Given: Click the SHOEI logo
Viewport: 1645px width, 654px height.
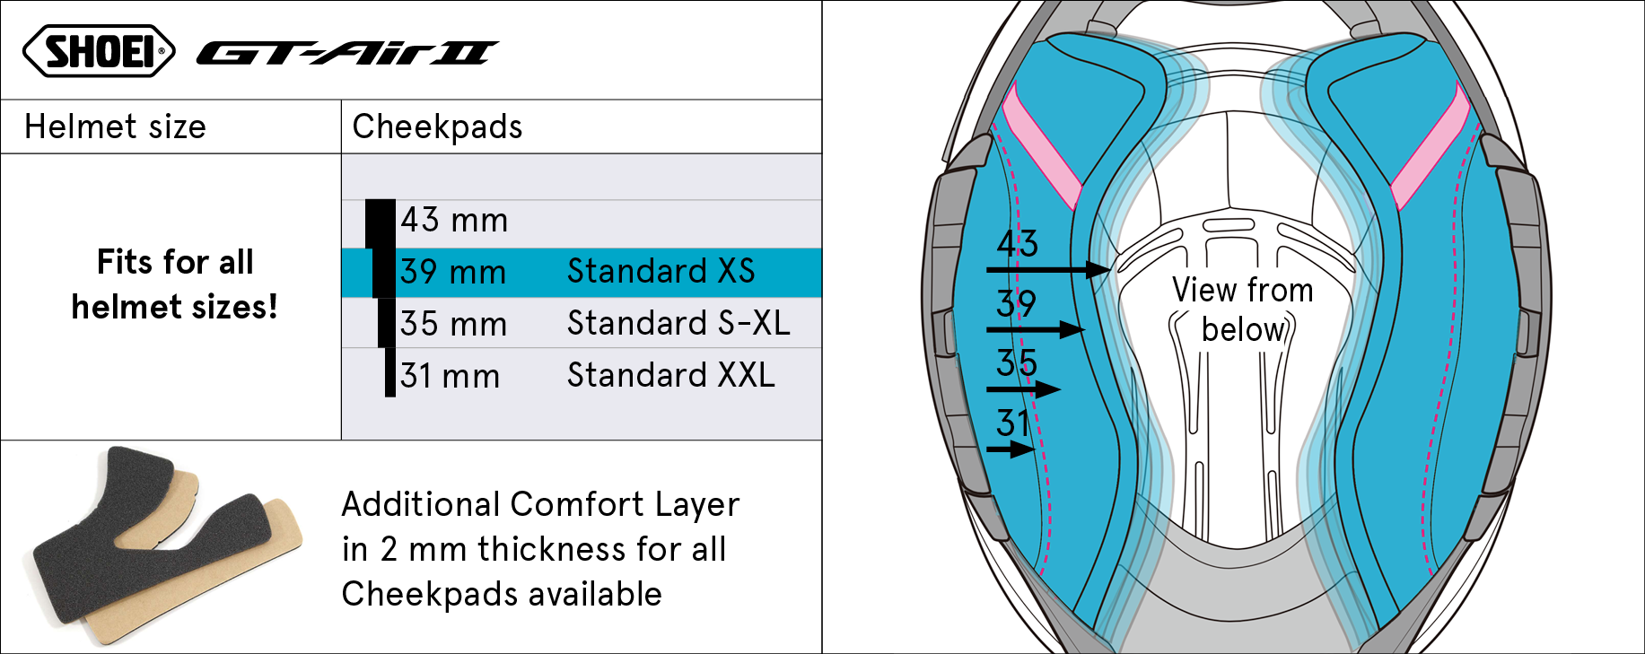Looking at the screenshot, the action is pos(99,51).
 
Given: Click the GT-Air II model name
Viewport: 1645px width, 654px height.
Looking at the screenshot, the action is pos(347,54).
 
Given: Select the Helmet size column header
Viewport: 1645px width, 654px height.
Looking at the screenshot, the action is pos(115,126).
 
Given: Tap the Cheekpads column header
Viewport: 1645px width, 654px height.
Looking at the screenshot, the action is pos(437,126).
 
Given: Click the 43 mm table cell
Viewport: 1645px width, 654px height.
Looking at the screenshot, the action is pos(454,220).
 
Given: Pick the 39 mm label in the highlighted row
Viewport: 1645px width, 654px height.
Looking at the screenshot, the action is pos(453,272).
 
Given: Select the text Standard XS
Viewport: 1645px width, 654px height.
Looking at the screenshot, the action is pos(661,271).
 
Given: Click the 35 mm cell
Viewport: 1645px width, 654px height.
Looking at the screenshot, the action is pos(453,324).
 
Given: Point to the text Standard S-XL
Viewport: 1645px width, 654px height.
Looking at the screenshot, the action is pos(678,323).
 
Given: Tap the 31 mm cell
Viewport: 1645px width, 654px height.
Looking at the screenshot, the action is pos(450,376).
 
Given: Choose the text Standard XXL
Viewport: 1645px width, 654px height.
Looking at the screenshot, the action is pos(671,375).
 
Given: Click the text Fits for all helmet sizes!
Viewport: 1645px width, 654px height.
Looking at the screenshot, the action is pos(175,284).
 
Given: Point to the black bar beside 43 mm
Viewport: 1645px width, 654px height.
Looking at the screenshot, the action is pos(381,223).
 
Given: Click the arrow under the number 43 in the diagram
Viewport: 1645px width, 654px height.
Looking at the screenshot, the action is pos(1048,269).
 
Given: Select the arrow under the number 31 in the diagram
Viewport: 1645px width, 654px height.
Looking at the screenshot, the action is pos(1011,449).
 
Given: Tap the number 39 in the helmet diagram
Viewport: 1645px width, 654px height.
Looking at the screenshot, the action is pos(1016,303).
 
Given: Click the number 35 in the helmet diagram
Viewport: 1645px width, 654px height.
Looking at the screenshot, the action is pos(1017,363).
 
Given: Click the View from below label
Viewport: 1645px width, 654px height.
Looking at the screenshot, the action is pos(1243,310).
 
